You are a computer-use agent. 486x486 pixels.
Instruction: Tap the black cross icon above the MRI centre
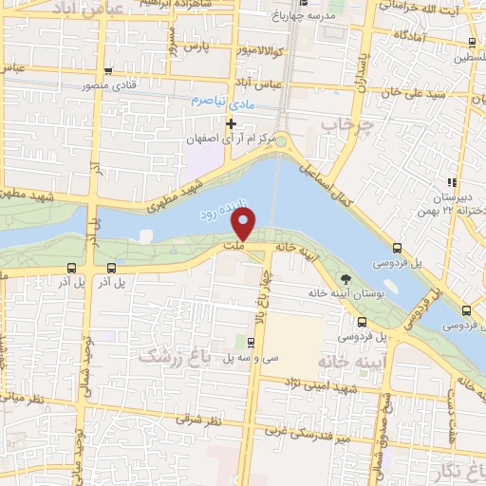tap(231, 123)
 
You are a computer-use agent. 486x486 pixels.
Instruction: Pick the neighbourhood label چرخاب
tap(343, 124)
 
